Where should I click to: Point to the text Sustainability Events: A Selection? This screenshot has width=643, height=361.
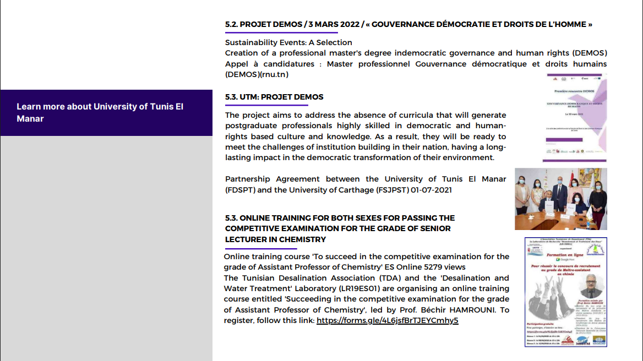pos(288,42)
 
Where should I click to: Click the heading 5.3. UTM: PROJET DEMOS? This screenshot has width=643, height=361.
pos(274,97)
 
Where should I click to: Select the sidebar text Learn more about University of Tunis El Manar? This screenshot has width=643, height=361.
pos(100,112)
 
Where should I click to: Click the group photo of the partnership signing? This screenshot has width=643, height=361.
pos(560,199)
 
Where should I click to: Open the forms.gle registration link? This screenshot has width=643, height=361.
pos(387,320)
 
